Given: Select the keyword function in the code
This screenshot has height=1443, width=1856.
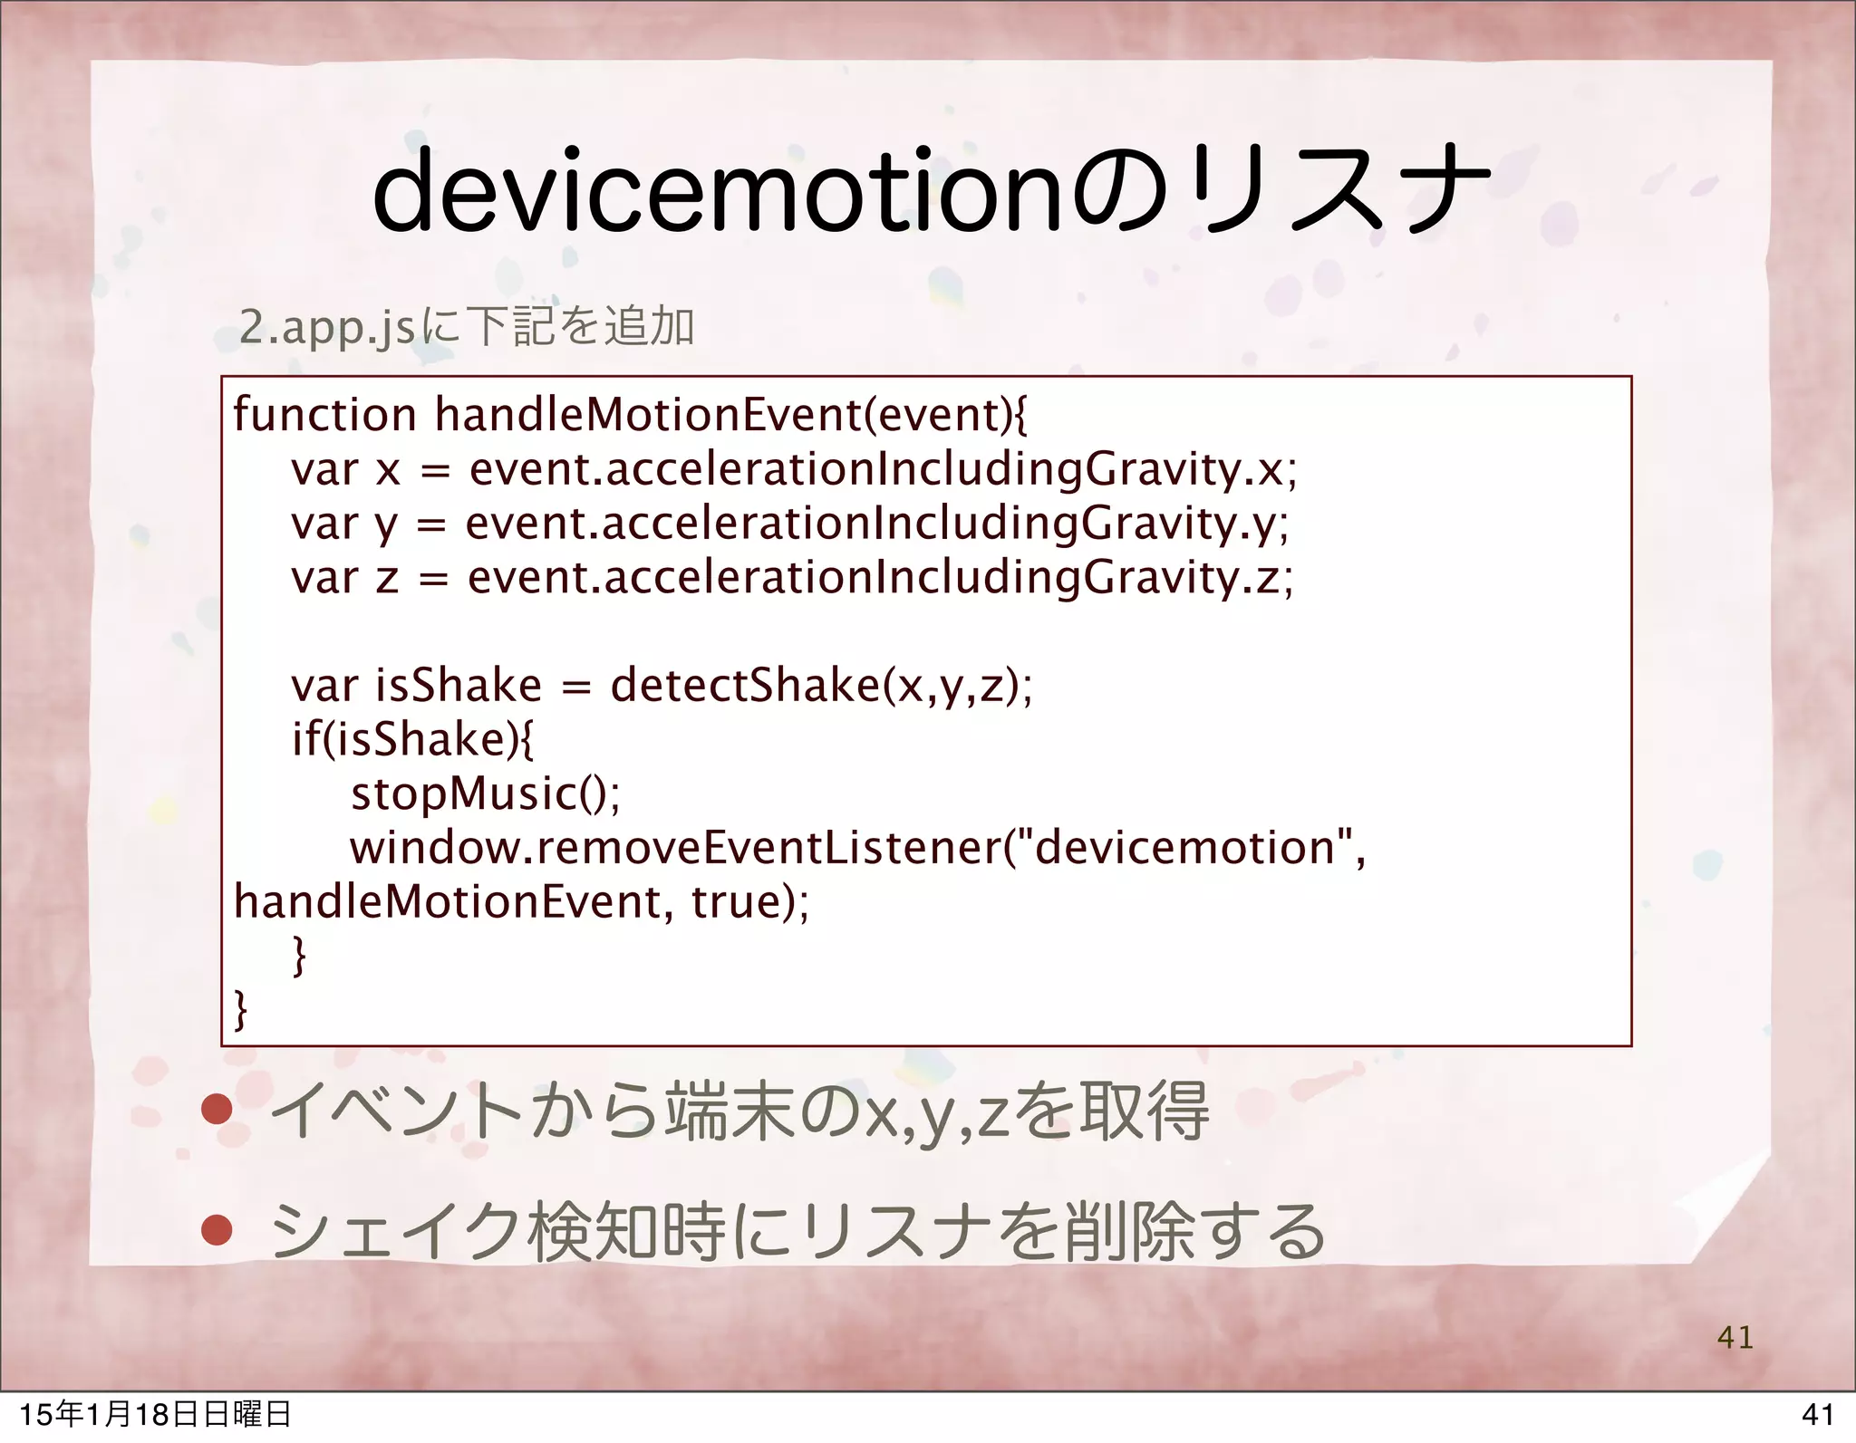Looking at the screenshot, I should point(324,415).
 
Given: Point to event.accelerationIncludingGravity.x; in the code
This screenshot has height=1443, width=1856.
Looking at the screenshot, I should point(884,470).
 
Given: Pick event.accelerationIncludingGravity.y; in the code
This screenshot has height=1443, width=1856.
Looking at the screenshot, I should point(877,524).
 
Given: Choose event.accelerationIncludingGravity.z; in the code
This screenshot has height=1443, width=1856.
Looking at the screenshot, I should point(880,578).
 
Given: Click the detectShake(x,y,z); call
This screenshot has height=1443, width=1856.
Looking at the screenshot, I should point(821,686).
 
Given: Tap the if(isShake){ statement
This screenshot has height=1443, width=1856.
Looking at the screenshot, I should point(412,739).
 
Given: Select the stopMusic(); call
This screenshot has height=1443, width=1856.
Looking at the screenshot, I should point(486,794).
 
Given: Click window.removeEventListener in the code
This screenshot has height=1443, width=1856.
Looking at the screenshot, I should point(675,848).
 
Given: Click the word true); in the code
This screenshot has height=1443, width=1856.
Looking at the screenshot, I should point(750,902).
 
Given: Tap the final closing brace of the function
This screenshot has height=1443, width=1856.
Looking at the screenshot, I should point(240,1009).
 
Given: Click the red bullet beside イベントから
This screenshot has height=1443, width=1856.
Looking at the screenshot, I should point(217,1110).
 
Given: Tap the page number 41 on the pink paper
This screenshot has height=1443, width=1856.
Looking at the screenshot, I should point(1735,1337).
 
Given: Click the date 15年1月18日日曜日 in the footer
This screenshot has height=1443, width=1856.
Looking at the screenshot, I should point(155,1414).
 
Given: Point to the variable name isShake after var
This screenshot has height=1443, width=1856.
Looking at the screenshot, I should point(458,686).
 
